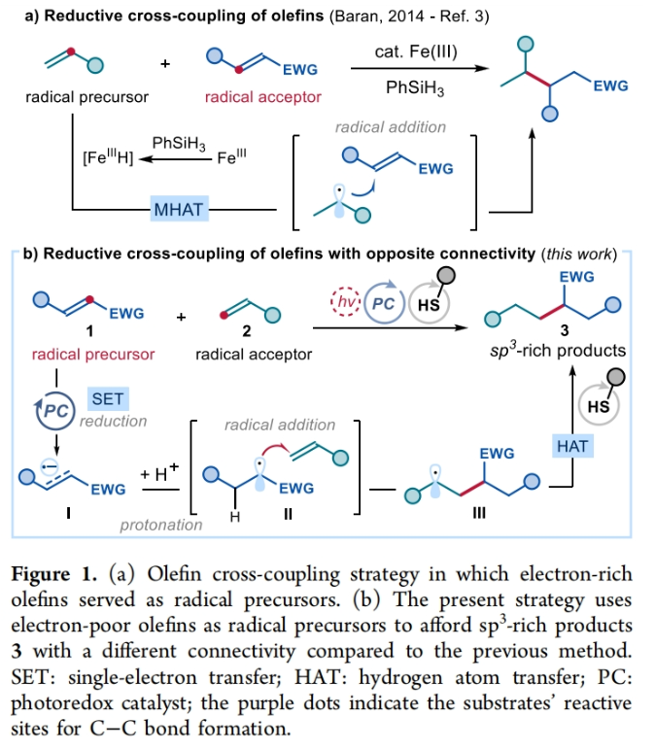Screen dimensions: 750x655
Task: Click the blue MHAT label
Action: point(179,209)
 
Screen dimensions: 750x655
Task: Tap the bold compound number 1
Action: point(90,331)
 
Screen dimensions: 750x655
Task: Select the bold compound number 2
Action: point(247,331)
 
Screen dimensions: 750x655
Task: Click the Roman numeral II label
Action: point(288,515)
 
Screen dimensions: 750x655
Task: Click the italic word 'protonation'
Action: point(161,526)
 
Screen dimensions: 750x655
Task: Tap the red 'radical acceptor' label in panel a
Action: point(262,97)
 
